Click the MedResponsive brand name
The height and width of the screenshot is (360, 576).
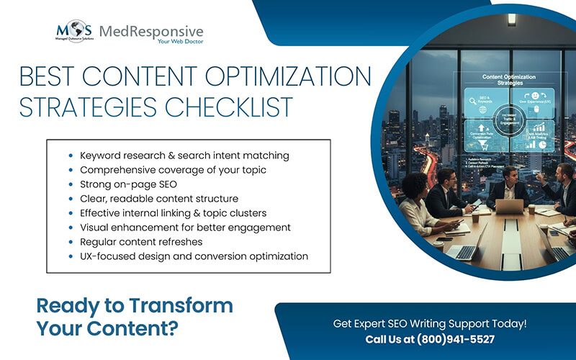tap(151, 31)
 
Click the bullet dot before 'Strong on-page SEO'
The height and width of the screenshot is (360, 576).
tap(71, 184)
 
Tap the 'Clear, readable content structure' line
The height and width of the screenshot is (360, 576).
tap(158, 198)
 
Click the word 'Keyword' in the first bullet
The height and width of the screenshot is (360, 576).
tap(102, 155)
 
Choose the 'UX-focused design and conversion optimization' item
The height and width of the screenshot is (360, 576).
tap(194, 256)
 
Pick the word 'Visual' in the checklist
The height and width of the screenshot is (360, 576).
tap(96, 227)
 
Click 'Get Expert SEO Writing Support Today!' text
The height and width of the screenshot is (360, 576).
tap(430, 323)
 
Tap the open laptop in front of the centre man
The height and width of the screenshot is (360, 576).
tap(509, 207)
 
